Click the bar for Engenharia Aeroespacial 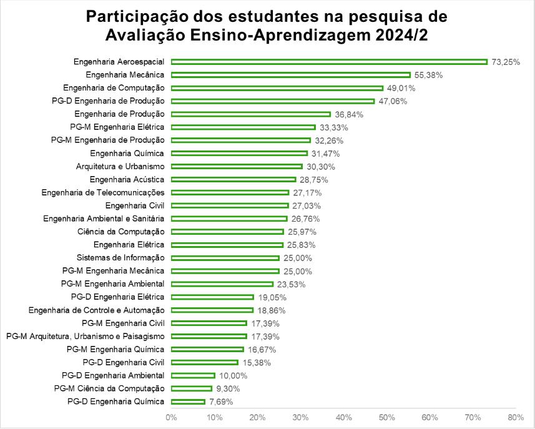tap(329, 62)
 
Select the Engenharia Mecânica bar tap(290, 75)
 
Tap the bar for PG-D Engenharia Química tap(188, 402)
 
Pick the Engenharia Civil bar tap(230, 205)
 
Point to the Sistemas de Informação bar tap(225, 258)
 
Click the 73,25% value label tap(506, 62)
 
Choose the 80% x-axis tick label tap(516, 417)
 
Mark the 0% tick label tap(171, 417)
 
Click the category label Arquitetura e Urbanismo tap(120, 166)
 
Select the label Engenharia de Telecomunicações tap(103, 192)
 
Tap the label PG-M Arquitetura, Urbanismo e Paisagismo tap(85, 336)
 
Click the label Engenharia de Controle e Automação tap(97, 310)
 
